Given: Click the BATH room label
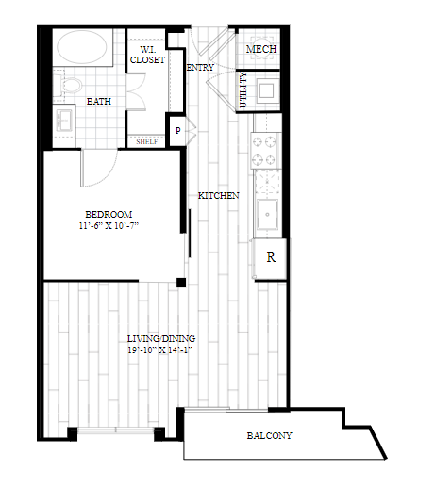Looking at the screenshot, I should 100,101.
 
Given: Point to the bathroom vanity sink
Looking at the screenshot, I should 64,120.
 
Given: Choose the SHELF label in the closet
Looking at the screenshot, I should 146,142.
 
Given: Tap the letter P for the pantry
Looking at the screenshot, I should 176,131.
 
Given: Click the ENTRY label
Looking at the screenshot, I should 200,68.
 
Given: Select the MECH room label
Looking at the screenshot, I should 260,49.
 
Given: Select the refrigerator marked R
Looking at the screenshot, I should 271,256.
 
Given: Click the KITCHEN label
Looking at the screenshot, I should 218,196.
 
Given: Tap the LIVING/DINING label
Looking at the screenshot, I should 162,338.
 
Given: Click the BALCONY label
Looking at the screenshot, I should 269,436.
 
